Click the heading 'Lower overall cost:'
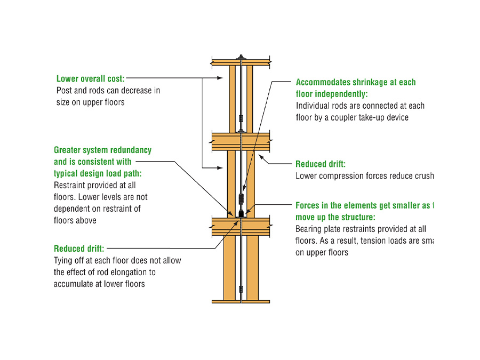[90, 79]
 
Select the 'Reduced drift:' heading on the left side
[79, 249]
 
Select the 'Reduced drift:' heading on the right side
[321, 164]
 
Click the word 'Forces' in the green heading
[309, 205]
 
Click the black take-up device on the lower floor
[242, 213]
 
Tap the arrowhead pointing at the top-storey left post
[220, 78]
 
